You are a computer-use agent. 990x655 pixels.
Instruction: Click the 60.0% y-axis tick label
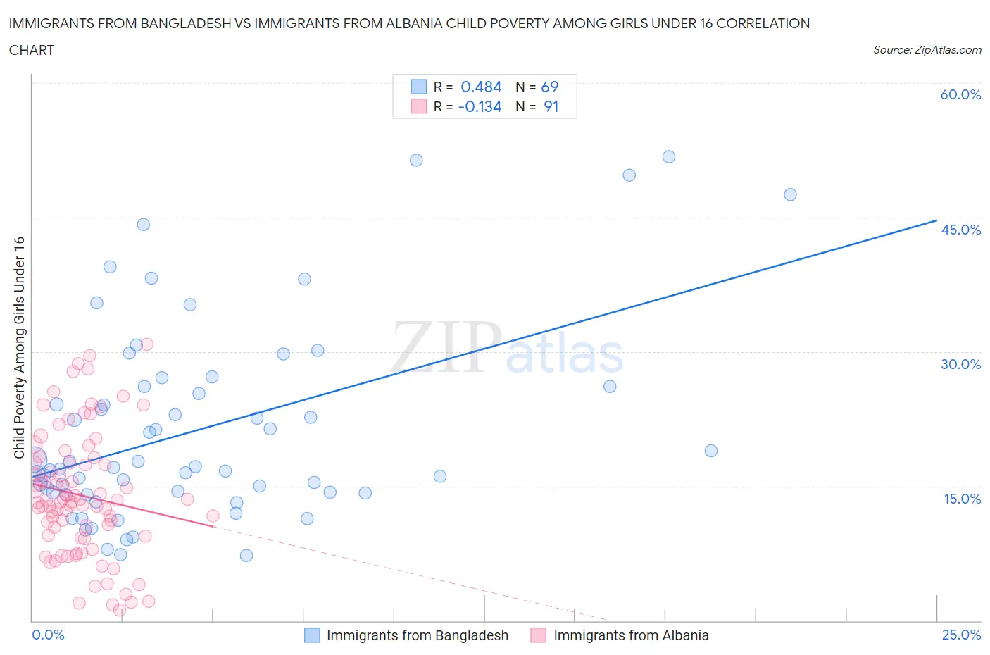(960, 94)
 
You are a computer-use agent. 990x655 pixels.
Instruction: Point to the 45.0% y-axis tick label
(960, 230)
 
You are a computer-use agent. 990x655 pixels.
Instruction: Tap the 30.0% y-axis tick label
(960, 364)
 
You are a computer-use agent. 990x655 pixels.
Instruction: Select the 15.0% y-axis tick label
(962, 499)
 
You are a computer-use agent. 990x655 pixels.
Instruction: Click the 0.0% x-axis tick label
(48, 635)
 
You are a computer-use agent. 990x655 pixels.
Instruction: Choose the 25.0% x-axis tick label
(961, 635)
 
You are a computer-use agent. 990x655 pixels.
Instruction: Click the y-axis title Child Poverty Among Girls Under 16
(19, 347)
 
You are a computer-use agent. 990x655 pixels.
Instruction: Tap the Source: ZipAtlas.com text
(927, 50)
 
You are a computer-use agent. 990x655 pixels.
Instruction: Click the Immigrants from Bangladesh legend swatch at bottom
(312, 635)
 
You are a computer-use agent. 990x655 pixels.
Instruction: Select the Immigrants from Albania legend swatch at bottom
(539, 635)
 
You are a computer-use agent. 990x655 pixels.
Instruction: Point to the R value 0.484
(481, 87)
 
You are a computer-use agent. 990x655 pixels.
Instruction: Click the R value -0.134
(480, 107)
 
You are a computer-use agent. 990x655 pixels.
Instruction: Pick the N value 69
(549, 87)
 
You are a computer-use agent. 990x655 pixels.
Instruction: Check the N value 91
(551, 107)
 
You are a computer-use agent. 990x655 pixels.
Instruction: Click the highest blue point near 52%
(669, 157)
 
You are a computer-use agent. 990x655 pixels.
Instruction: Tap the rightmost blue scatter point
(790, 194)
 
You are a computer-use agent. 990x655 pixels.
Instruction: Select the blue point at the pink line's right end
(236, 513)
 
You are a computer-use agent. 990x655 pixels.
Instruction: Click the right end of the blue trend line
(936, 220)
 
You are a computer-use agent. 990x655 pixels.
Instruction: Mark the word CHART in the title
(32, 50)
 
